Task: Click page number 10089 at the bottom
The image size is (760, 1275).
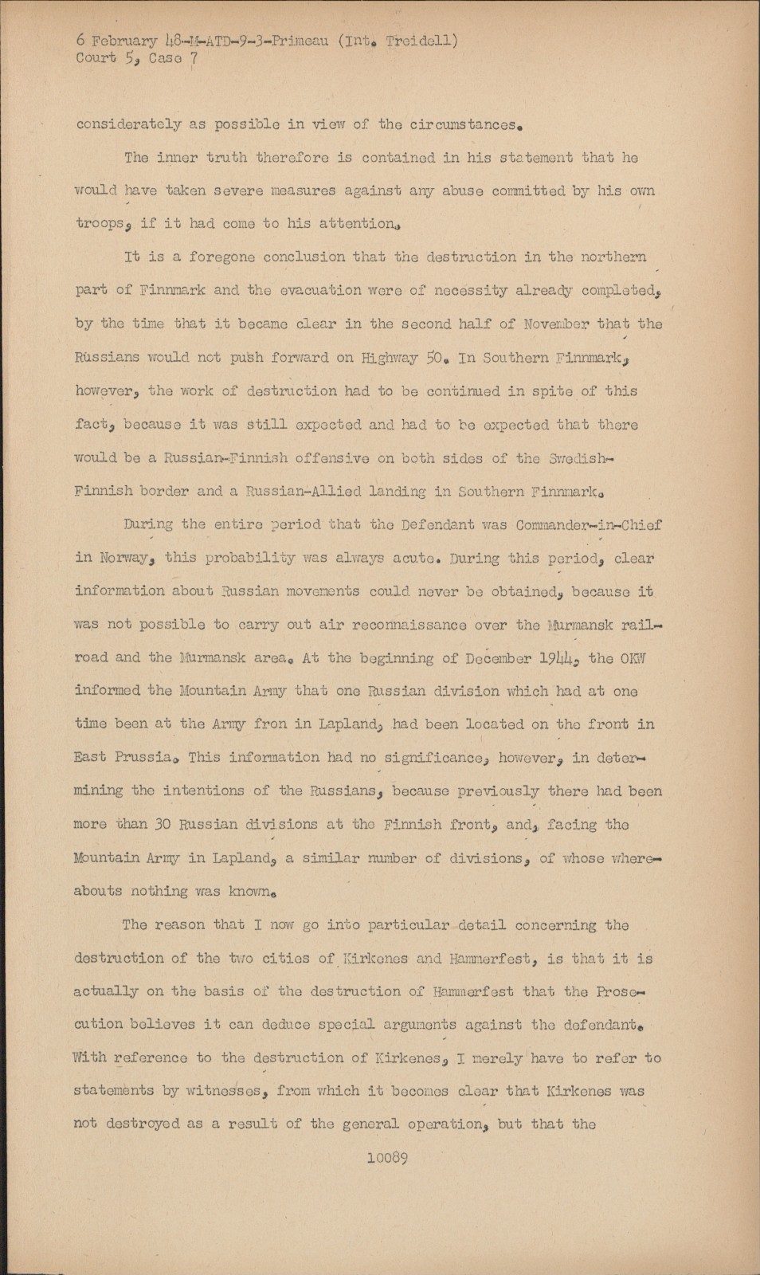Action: click(386, 1158)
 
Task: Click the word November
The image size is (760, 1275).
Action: click(555, 324)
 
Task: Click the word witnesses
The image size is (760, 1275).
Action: click(225, 1091)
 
